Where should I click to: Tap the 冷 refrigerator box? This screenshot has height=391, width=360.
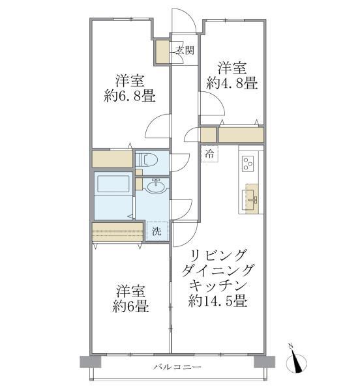[x=209, y=154]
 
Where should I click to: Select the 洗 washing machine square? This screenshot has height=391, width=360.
[x=156, y=231]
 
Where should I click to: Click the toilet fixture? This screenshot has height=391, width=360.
[x=146, y=159]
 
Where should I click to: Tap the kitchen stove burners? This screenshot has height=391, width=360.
[x=248, y=166]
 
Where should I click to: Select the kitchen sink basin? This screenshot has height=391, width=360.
[x=252, y=195]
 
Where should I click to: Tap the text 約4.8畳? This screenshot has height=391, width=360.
[x=232, y=83]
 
